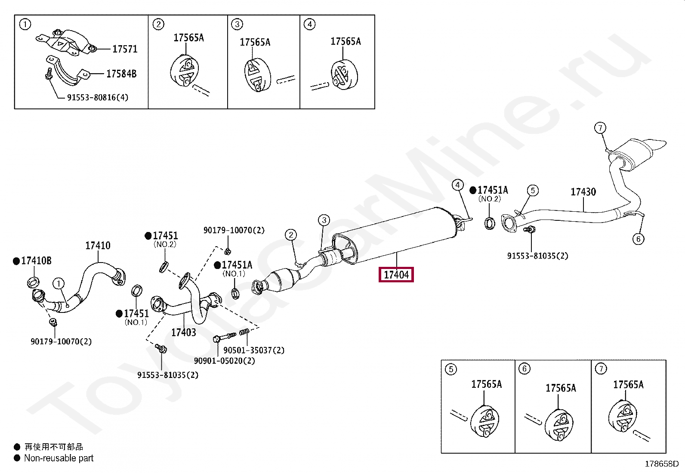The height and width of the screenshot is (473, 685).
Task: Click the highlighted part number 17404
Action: click(396, 275)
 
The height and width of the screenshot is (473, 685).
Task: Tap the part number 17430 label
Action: click(583, 192)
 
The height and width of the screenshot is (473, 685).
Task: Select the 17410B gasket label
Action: click(36, 261)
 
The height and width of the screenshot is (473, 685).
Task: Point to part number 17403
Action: click(184, 332)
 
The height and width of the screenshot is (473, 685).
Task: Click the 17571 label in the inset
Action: click(125, 49)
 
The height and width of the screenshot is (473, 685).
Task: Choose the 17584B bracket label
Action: click(121, 74)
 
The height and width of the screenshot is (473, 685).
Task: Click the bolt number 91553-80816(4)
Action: click(98, 98)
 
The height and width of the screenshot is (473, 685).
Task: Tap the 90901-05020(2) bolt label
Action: click(224, 361)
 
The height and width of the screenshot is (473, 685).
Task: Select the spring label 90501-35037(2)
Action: click(254, 350)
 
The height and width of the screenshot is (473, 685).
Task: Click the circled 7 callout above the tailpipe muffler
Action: click(600, 128)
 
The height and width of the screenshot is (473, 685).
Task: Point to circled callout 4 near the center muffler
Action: click(457, 185)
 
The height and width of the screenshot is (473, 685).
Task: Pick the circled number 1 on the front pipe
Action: click(58, 284)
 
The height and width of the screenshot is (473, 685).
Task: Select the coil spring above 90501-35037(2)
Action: click(244, 333)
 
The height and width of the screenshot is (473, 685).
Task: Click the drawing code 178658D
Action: click(661, 464)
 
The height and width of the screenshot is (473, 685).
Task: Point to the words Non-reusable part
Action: click(59, 458)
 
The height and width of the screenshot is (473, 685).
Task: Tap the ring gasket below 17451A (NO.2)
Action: click(490, 223)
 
